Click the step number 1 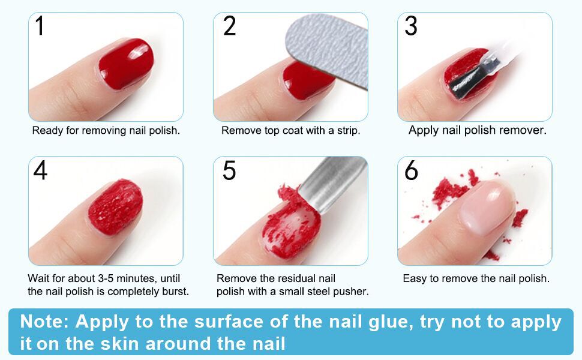(40, 26)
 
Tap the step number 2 (229, 26)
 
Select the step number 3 (411, 26)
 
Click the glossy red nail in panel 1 (125, 63)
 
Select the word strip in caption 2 (349, 130)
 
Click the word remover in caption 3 (523, 130)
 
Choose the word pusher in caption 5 (353, 292)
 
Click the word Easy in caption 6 (415, 278)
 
